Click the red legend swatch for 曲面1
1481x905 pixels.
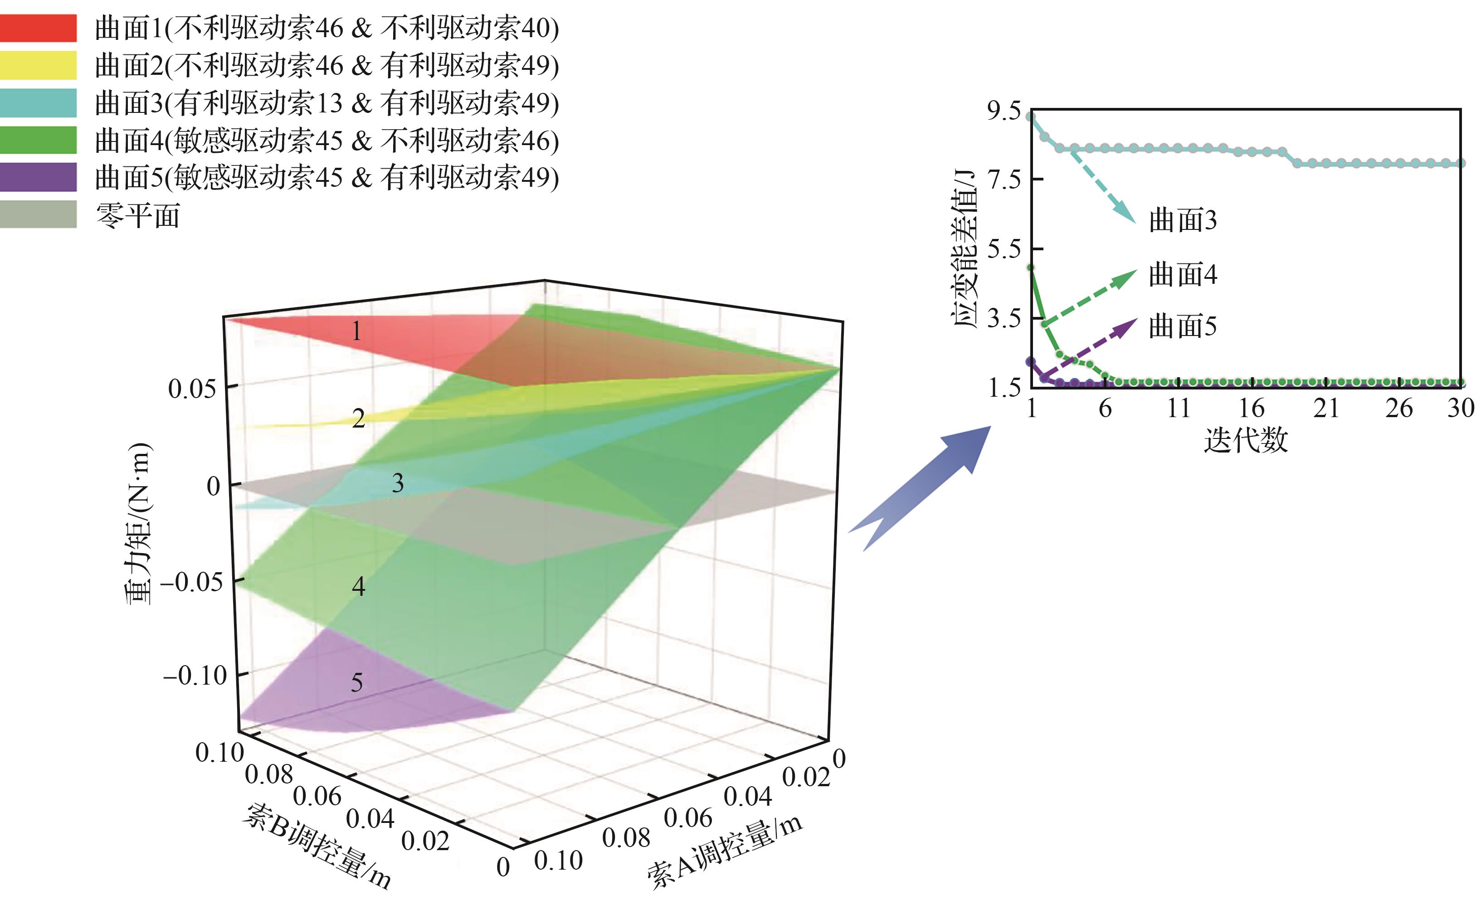click(x=38, y=28)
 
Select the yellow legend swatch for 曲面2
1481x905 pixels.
click(x=38, y=65)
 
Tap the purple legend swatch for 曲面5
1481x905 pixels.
click(x=38, y=177)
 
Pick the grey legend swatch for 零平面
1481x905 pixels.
click(x=38, y=214)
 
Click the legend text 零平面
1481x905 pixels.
click(x=138, y=215)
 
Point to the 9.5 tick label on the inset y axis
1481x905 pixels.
click(x=1004, y=111)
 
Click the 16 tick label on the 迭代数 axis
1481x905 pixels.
click(x=1252, y=409)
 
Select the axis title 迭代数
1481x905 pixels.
click(x=1245, y=440)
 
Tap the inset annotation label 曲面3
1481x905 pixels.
click(x=1182, y=220)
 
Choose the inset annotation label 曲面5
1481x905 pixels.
click(x=1182, y=327)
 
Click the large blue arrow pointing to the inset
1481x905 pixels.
click(x=920, y=487)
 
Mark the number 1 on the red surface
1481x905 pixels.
click(x=357, y=331)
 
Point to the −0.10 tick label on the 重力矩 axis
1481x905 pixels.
click(x=195, y=676)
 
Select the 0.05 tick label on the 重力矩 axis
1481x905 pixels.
click(x=192, y=389)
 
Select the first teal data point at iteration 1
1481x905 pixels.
click(x=1031, y=117)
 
